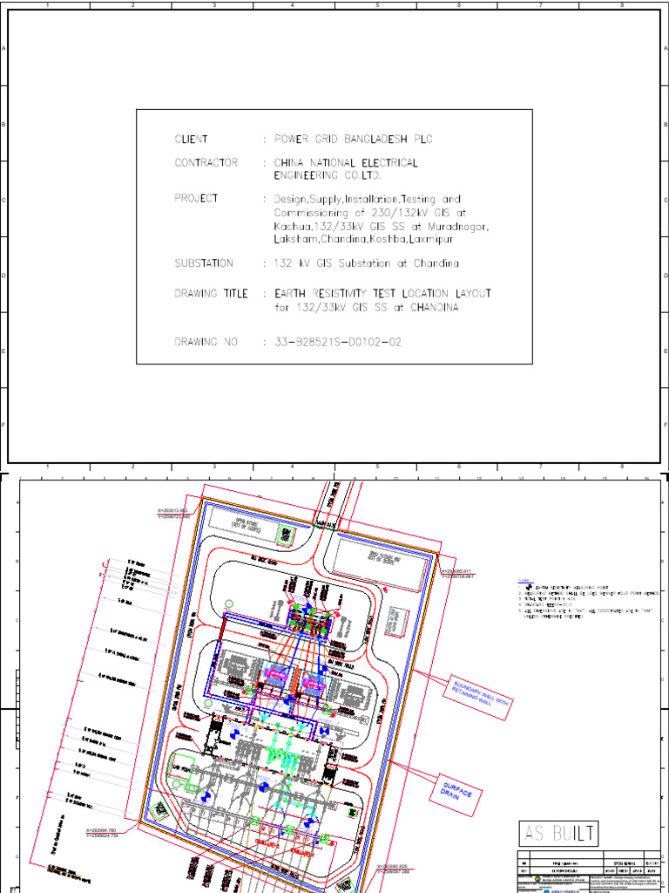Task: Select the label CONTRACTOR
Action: click(x=206, y=163)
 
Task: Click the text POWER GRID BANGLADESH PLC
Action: click(x=353, y=140)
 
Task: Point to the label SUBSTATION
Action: click(x=204, y=263)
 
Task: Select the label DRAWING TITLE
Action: click(x=211, y=294)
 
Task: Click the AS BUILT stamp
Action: click(x=559, y=834)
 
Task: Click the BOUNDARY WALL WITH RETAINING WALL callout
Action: click(x=476, y=694)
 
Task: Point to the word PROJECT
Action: click(x=196, y=199)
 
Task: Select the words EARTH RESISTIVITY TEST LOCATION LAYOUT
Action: click(x=382, y=294)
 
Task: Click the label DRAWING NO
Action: click(x=206, y=343)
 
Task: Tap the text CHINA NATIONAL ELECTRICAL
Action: click(x=346, y=163)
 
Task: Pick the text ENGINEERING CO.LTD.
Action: click(x=328, y=175)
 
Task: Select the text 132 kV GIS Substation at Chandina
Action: click(x=366, y=263)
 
